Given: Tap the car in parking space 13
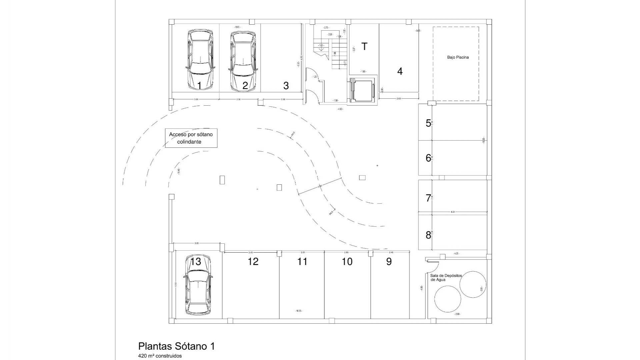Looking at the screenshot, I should (x=198, y=285).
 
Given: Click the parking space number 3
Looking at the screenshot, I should (x=286, y=86).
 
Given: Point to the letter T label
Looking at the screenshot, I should (x=364, y=47).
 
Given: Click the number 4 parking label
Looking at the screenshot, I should (x=400, y=71).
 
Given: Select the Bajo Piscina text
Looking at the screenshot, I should (x=458, y=57).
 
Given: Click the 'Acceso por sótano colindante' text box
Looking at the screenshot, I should (x=191, y=138).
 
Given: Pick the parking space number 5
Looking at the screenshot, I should (x=428, y=123).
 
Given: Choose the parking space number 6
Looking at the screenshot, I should (x=428, y=158).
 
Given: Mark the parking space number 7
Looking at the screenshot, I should (x=428, y=198).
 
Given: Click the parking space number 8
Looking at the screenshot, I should (x=428, y=235).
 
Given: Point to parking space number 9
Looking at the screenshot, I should (x=389, y=262).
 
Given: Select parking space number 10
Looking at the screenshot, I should (x=347, y=262).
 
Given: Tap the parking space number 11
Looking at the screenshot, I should (x=302, y=262).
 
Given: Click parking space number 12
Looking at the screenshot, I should (x=253, y=262).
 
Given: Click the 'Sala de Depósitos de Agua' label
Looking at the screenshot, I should (x=446, y=278).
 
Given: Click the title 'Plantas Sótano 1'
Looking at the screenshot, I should (x=176, y=346).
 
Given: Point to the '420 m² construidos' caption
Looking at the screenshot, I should (x=160, y=356).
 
